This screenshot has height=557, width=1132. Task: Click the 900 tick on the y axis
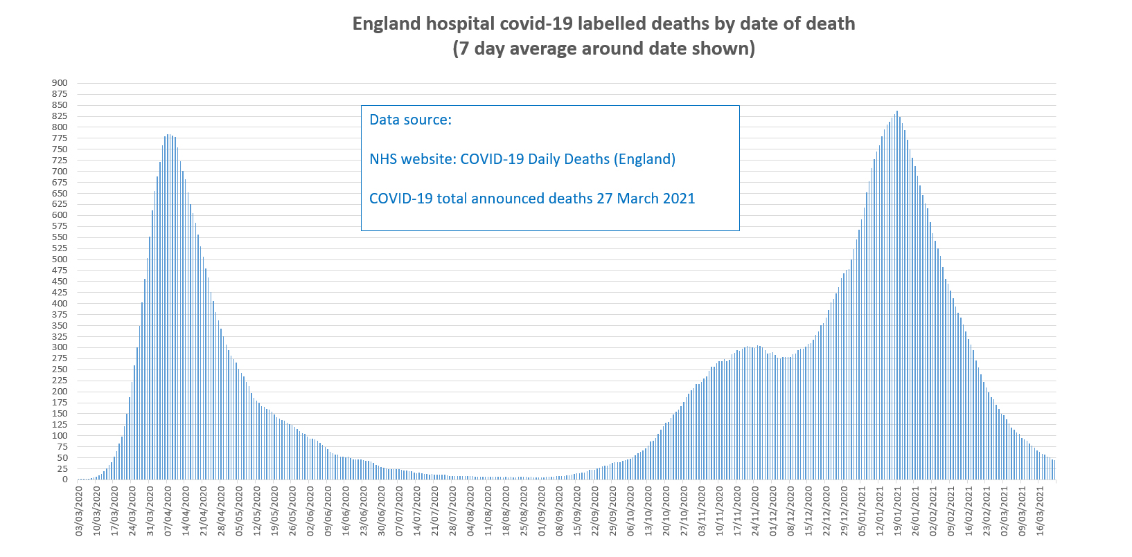(x=60, y=83)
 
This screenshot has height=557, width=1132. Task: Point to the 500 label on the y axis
(x=60, y=259)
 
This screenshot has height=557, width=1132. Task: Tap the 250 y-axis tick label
(x=60, y=369)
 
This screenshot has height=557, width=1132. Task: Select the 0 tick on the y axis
(x=64, y=480)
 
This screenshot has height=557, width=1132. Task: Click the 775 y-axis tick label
(x=60, y=138)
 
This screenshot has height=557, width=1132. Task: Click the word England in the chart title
(x=386, y=24)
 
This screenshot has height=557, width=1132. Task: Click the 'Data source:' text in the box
(x=410, y=120)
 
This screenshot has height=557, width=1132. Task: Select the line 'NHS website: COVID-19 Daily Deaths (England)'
(x=522, y=159)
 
